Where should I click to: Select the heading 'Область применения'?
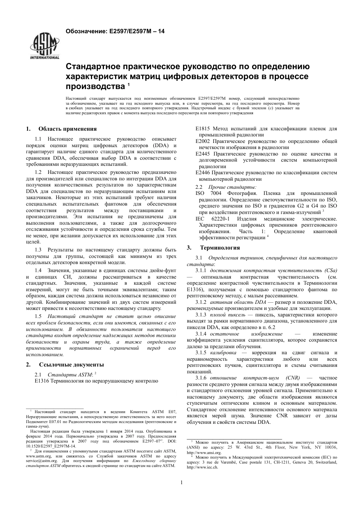click(x=68, y=129)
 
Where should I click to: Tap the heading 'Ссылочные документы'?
click(x=71, y=364)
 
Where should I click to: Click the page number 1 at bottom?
click(x=181, y=482)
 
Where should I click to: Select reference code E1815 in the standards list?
click(x=203, y=129)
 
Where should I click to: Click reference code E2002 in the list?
click(x=203, y=141)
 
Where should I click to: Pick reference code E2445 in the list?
click(x=203, y=154)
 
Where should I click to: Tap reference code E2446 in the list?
click(x=203, y=173)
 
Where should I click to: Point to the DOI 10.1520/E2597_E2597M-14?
click(x=50, y=446)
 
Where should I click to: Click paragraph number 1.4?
click(x=38, y=271)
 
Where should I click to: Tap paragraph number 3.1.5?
click(x=201, y=353)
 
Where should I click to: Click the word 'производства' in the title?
click(x=95, y=84)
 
